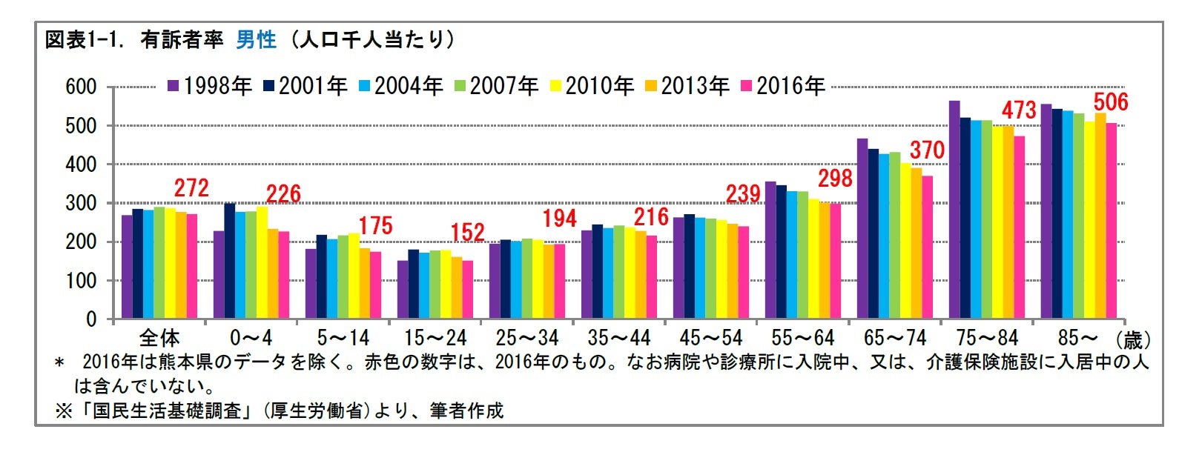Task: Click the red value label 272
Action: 191,188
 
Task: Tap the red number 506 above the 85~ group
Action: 1110,102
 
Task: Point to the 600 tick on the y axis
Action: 81,87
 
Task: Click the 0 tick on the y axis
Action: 91,319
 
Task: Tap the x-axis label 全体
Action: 159,339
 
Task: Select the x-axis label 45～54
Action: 710,339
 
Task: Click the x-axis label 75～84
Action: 987,339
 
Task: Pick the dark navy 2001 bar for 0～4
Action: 230,261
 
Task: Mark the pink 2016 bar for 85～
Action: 1111,221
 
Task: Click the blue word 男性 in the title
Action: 256,39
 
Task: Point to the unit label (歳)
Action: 1134,340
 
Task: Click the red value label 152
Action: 467,233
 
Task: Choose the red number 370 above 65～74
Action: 927,150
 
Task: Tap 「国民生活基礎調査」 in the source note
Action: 168,411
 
